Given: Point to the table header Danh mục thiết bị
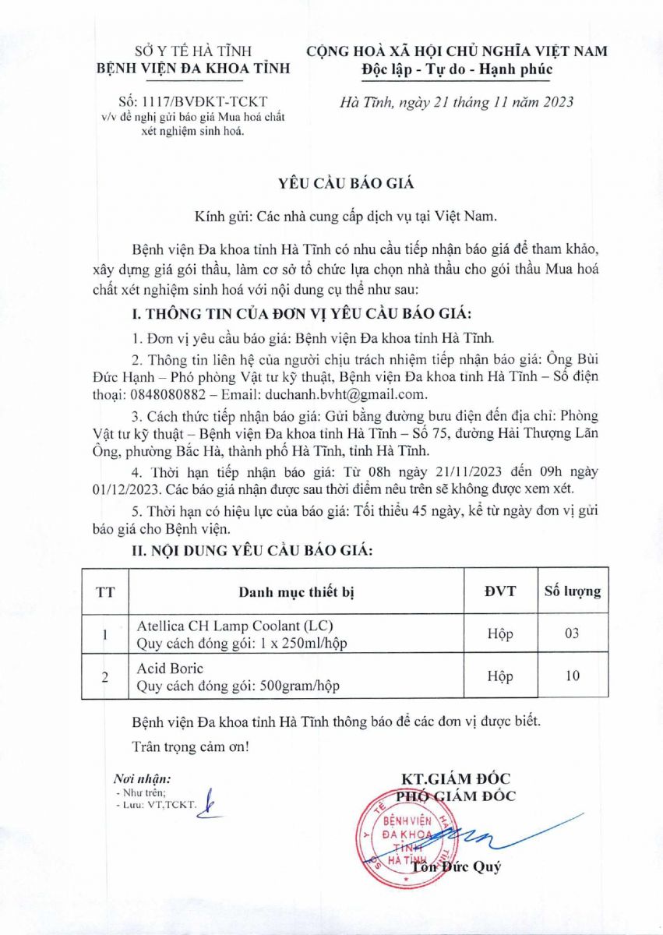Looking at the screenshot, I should tap(297, 592).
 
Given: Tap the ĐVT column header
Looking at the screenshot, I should tap(499, 591).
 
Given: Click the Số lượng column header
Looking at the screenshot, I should tap(572, 591).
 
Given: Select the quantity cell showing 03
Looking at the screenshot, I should tap(572, 633).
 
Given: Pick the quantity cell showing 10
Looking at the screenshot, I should tap(572, 676).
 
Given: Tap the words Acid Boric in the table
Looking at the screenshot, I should tap(170, 669).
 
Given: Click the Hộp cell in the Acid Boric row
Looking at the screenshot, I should tap(499, 676).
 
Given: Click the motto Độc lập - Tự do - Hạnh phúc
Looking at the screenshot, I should tap(457, 69).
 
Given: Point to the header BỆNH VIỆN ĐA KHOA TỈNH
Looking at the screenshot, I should tap(192, 69).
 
